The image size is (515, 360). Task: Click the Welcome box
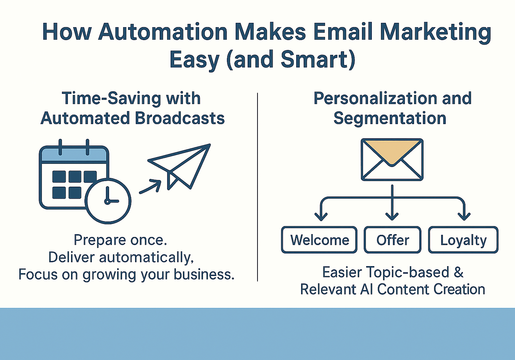pyautogui.click(x=319, y=240)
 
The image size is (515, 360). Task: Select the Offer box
pyautogui.click(x=393, y=240)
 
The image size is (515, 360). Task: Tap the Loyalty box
pyautogui.click(x=463, y=240)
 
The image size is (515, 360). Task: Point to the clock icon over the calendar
pyautogui.click(x=108, y=201)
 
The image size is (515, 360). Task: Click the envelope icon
pyautogui.click(x=392, y=160)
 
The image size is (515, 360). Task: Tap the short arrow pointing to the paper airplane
pyautogui.click(x=151, y=187)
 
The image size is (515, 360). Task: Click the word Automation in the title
pyautogui.click(x=163, y=32)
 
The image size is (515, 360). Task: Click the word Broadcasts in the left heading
pyautogui.click(x=180, y=118)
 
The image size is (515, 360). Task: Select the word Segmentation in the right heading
pyautogui.click(x=390, y=118)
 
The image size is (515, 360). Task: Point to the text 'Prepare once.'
pyautogui.click(x=120, y=240)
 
